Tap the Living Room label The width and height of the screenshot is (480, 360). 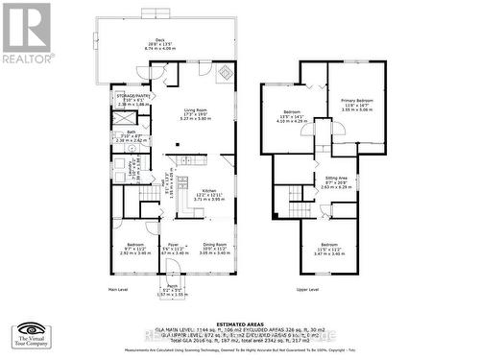point(196,110)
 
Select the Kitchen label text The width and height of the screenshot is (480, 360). point(208,191)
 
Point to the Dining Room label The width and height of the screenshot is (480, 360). point(214,245)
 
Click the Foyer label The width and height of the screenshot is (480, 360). point(172,245)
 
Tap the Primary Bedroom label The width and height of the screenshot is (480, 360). point(355,100)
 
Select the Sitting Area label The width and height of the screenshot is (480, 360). point(336,179)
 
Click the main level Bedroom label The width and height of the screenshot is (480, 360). point(132,245)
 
